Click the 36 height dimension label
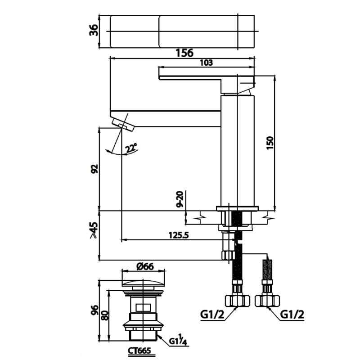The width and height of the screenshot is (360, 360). (x=94, y=30)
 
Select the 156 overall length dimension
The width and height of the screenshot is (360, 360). (x=184, y=53)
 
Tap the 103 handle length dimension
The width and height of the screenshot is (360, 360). (x=207, y=63)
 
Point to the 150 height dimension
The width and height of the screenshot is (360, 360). (x=270, y=143)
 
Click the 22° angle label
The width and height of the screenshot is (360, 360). (x=131, y=148)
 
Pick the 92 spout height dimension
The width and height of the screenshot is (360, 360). (x=94, y=169)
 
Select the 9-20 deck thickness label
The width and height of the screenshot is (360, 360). (x=180, y=199)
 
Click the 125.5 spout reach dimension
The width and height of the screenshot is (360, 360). (x=179, y=235)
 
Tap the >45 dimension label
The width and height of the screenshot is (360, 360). (x=94, y=230)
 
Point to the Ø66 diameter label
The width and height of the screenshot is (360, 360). (x=145, y=266)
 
